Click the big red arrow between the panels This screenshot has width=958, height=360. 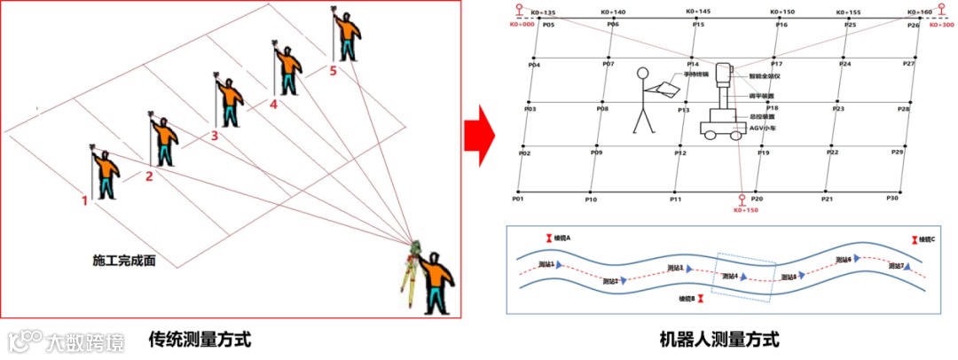pos(481,136)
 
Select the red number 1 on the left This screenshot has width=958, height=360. pos(85,200)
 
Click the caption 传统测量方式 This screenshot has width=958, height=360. pos(200,340)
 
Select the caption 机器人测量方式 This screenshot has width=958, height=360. pos(719,340)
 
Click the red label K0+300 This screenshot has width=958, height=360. pos(940,26)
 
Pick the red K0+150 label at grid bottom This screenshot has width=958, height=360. pos(746,210)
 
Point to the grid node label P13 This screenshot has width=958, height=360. pos(683,110)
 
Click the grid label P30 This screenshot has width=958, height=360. pos(892,198)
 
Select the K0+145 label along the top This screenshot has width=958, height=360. pos(698,12)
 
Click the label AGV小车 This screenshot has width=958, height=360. pos(762,128)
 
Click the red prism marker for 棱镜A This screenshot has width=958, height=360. pos(547,238)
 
